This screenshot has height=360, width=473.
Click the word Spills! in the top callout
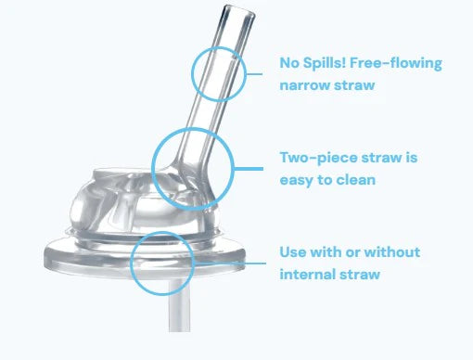[x=324, y=63]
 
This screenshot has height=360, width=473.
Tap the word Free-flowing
[x=396, y=63]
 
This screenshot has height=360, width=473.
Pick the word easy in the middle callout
[x=297, y=181]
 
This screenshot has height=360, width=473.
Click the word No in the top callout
[x=289, y=63]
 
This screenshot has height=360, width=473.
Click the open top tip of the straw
[x=239, y=11]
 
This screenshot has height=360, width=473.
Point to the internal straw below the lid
[x=179, y=305]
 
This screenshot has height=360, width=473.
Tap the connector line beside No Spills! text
[x=254, y=74]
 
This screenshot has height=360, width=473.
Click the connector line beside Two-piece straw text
[x=248, y=169]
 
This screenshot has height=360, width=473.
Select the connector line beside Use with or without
[x=230, y=264]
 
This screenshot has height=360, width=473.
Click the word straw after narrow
[x=355, y=85]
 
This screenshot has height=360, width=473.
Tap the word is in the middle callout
[x=412, y=158]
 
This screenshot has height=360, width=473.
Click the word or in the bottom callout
[x=352, y=253]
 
